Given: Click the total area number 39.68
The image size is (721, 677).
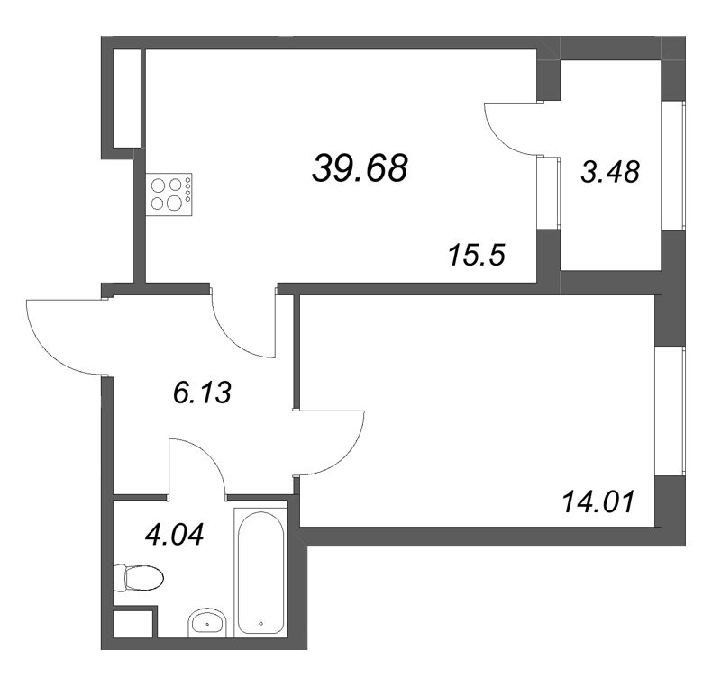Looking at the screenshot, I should [360, 167].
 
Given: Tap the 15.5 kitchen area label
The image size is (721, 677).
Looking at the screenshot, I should [476, 256].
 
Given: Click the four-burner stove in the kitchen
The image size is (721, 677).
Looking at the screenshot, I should [169, 192].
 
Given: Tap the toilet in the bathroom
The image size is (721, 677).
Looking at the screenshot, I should [137, 577].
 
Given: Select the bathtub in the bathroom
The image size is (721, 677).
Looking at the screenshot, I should [260, 572].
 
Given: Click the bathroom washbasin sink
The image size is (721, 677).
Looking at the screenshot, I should [211, 623].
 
